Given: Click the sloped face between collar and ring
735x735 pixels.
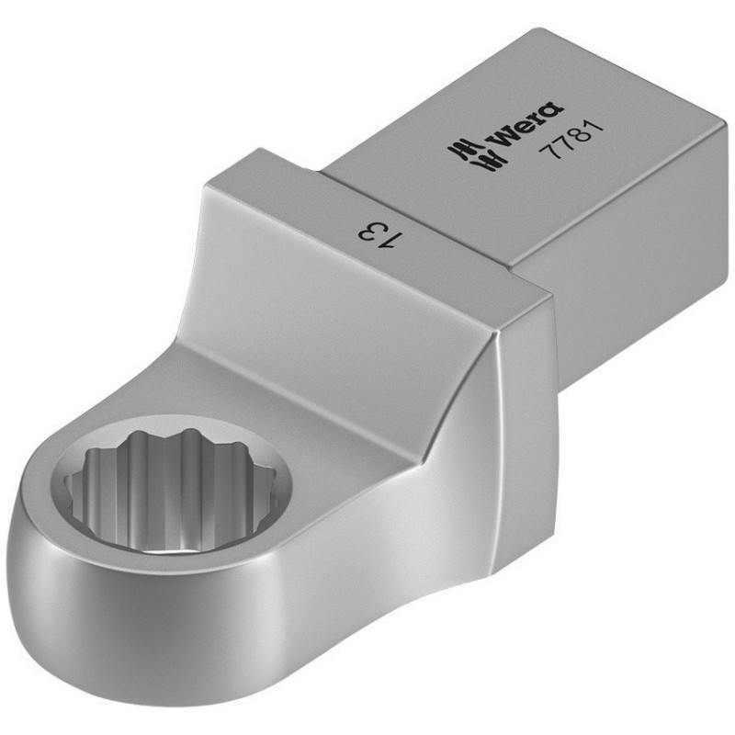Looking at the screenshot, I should (x=312, y=367).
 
